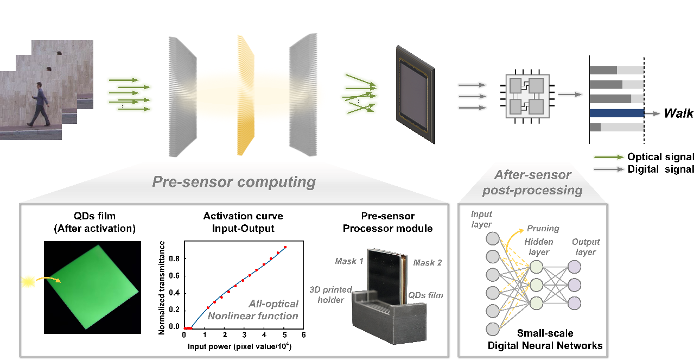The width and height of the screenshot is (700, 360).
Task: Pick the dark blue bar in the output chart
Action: click(616, 113)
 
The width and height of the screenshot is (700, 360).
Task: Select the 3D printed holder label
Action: click(331, 294)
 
